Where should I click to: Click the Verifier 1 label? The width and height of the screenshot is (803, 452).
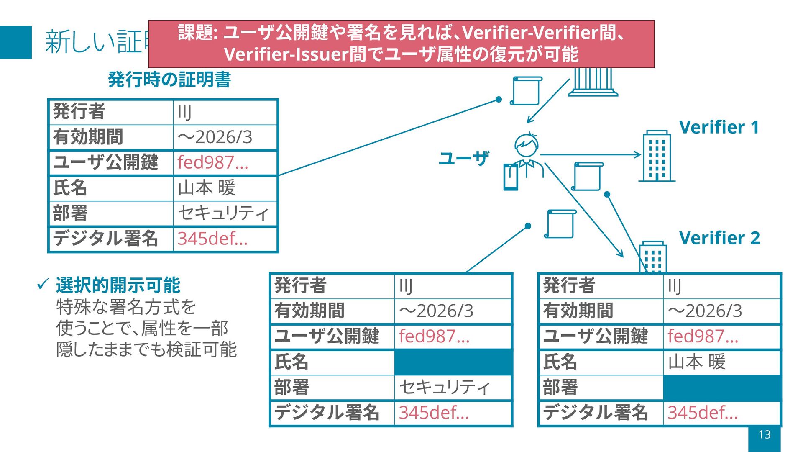pyautogui.click(x=719, y=127)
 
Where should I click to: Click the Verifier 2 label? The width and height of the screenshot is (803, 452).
pyautogui.click(x=719, y=238)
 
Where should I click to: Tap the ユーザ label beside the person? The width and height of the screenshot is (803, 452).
pyautogui.click(x=463, y=158)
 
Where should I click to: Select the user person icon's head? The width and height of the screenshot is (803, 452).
pyautogui.click(x=526, y=145)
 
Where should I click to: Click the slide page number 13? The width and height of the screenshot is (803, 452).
pyautogui.click(x=764, y=435)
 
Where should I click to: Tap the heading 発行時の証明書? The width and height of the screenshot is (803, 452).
pyautogui.click(x=169, y=80)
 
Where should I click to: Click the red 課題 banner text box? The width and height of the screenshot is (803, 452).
pyautogui.click(x=401, y=44)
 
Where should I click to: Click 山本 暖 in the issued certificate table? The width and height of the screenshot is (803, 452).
pyautogui.click(x=207, y=188)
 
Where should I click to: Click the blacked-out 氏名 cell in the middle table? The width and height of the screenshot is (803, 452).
pyautogui.click(x=453, y=362)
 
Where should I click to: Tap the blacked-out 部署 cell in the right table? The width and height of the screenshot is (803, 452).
pyautogui.click(x=721, y=388)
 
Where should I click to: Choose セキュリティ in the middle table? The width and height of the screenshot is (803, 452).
pyautogui.click(x=445, y=387)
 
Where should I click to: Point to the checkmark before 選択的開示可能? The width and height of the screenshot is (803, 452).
pyautogui.click(x=43, y=285)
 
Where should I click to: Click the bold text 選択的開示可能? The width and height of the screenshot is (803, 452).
pyautogui.click(x=118, y=285)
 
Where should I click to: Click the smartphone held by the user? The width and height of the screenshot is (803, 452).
pyautogui.click(x=511, y=177)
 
